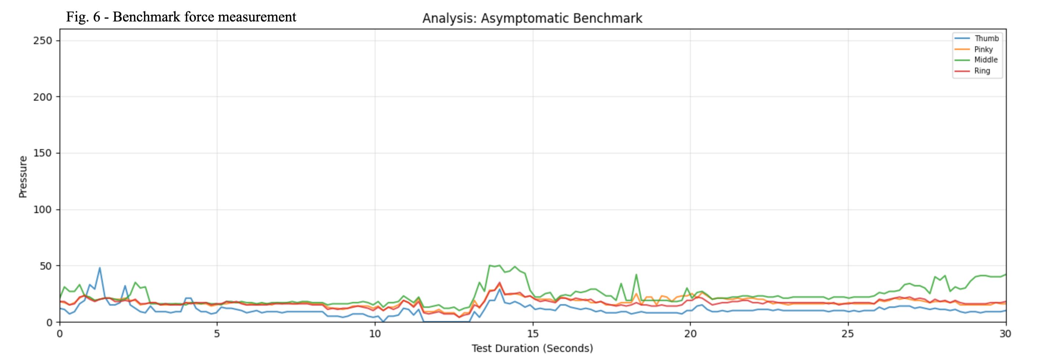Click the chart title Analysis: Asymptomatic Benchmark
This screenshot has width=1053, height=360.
click(x=532, y=18)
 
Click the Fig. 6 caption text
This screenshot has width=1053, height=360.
click(x=181, y=17)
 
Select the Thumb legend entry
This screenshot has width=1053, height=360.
click(x=977, y=39)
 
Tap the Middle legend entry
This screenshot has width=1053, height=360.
click(x=977, y=60)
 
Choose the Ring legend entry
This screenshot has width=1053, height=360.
click(x=973, y=71)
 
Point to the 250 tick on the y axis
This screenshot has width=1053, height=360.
click(x=43, y=40)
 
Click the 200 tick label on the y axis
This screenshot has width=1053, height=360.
click(x=43, y=97)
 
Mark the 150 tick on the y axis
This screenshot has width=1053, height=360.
click(x=43, y=153)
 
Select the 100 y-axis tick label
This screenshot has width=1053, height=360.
click(x=43, y=210)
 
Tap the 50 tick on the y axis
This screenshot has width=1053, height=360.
click(x=46, y=266)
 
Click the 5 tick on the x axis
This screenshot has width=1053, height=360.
click(x=217, y=334)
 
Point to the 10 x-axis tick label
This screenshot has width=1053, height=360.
click(x=375, y=334)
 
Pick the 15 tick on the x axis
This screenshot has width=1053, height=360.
click(x=533, y=334)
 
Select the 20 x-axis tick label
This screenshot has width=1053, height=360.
click(x=690, y=334)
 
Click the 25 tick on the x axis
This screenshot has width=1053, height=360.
click(x=848, y=334)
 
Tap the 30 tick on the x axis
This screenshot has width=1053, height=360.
click(x=1006, y=334)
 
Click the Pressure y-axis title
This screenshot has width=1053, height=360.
click(x=23, y=177)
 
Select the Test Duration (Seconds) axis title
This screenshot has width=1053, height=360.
click(x=532, y=348)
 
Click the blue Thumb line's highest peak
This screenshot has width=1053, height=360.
click(x=100, y=268)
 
